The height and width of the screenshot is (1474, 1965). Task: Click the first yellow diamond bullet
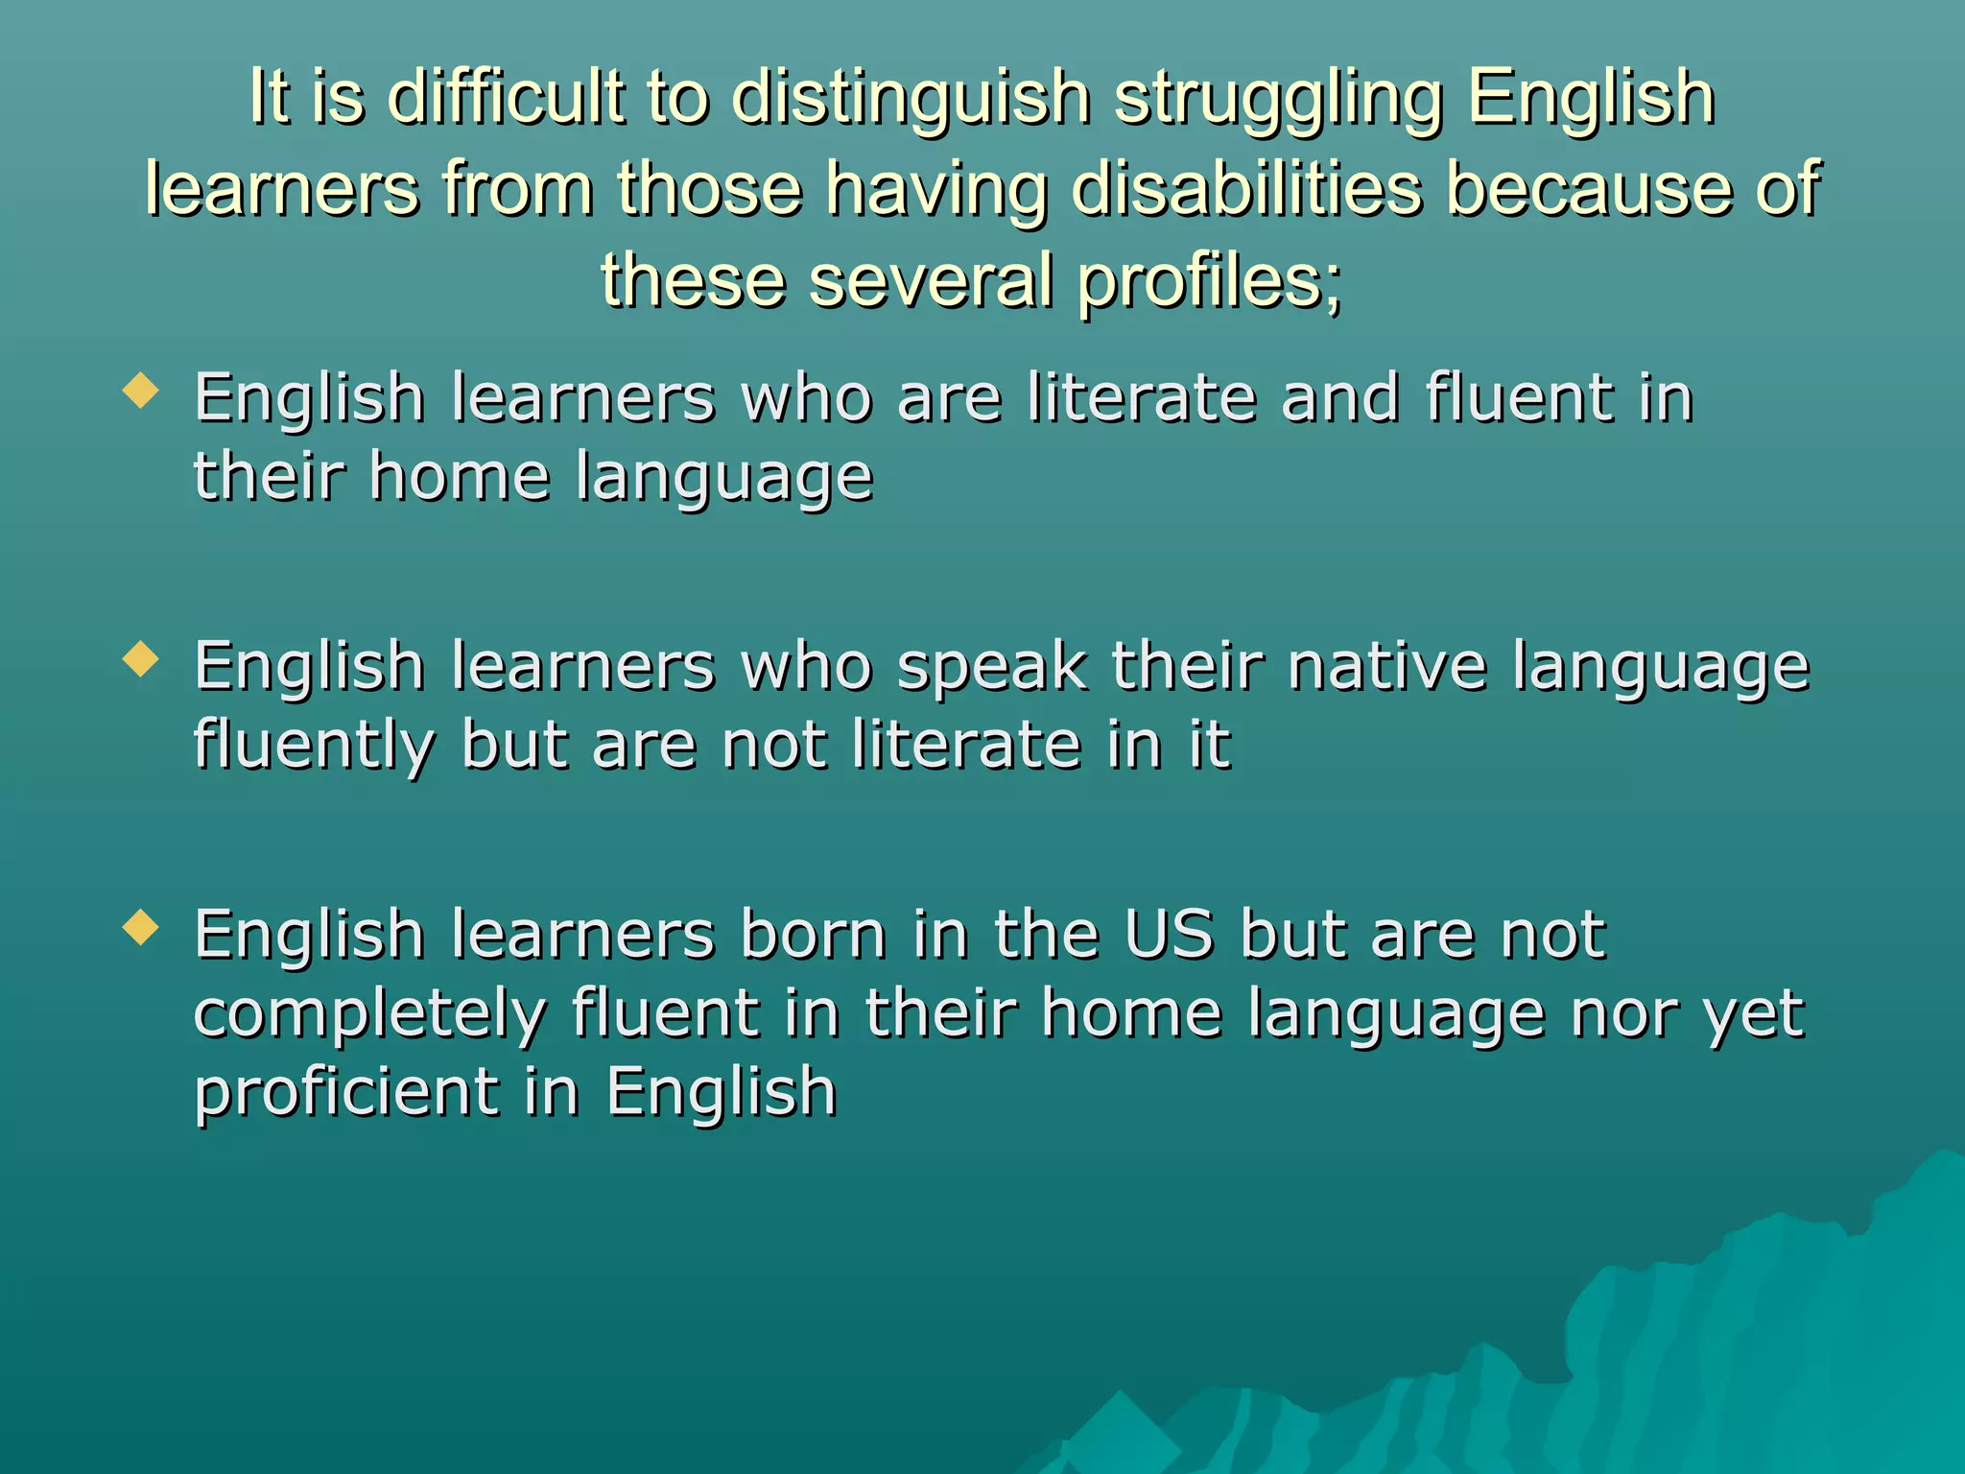(141, 391)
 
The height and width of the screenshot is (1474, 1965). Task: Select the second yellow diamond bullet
(141, 659)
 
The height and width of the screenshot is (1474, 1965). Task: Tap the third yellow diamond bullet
(141, 927)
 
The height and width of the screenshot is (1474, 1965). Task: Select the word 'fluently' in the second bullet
(314, 747)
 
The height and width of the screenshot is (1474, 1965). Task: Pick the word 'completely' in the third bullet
(369, 1015)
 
